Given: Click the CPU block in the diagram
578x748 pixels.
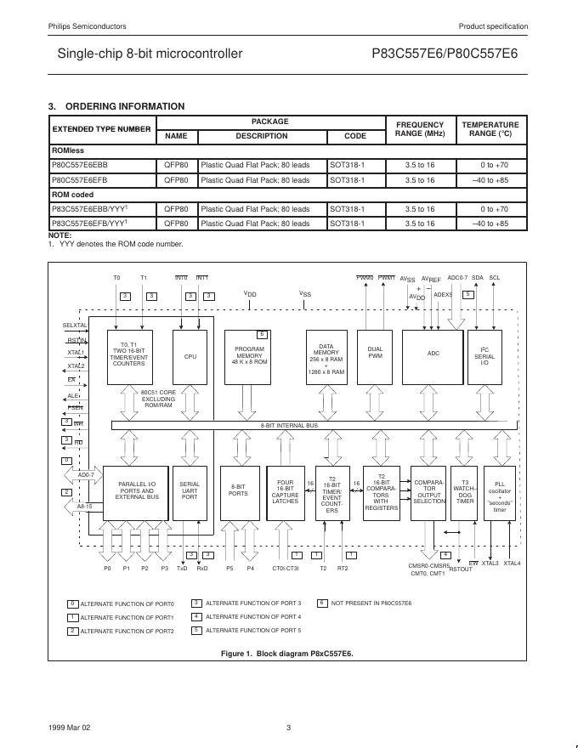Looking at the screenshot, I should coord(190,356).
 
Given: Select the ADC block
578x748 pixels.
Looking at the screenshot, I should coord(433,354).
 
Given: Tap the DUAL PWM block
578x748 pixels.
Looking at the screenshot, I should coord(375,353).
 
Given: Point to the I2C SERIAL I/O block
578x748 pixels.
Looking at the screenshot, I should coord(484,356).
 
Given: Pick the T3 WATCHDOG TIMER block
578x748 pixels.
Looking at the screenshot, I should coord(465,493).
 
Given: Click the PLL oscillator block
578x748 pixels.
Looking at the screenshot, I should coord(500,496).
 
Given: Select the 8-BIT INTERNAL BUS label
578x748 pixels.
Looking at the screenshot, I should coord(289,425).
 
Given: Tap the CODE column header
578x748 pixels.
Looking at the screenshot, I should coord(355,136).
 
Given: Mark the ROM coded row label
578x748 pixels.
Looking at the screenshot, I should coord(72,195).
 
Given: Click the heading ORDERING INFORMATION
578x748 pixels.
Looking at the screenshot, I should coord(124,106).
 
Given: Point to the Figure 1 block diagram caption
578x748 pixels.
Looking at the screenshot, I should coord(286,653).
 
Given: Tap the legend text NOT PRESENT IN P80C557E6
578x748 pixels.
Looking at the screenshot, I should coord(371,603).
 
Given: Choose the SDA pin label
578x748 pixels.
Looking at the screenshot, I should coord(478,277).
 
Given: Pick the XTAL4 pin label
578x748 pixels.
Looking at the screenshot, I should coord(512,563).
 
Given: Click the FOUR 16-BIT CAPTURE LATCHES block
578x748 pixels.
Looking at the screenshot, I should coord(286,493).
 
